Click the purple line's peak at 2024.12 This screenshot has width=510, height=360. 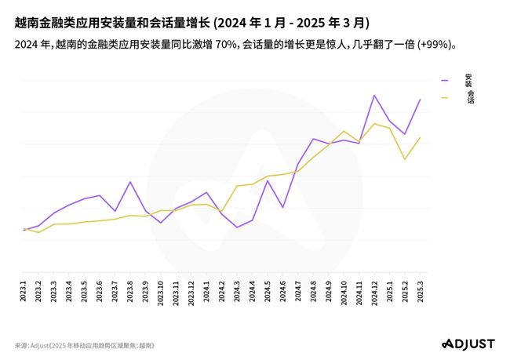point(375,95)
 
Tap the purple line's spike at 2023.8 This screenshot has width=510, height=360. point(130,182)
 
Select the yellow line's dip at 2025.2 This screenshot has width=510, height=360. point(405,159)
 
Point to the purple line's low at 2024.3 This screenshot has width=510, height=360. point(237,227)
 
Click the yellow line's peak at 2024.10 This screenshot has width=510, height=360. point(344,131)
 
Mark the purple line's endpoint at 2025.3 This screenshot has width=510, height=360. point(421,100)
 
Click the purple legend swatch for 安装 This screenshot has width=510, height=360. point(445,80)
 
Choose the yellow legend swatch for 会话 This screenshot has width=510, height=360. point(445,97)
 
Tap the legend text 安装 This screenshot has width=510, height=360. point(468,79)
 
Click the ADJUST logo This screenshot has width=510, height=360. point(468,344)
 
